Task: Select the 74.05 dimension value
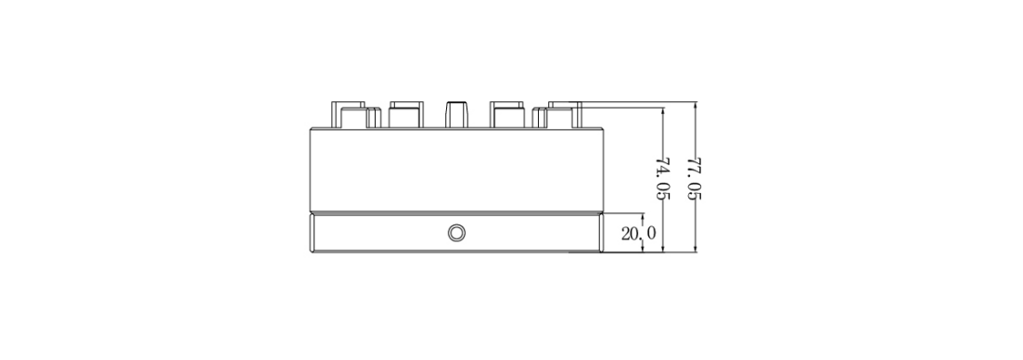(x=663, y=179)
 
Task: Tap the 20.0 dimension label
(x=639, y=234)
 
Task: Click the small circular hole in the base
(x=456, y=233)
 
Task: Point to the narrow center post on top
(x=457, y=115)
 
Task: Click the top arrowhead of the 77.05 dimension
(x=696, y=107)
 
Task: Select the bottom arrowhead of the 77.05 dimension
(x=696, y=247)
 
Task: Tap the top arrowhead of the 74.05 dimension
(x=663, y=113)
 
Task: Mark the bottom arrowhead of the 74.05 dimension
(x=663, y=247)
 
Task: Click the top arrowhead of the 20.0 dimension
(x=644, y=218)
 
